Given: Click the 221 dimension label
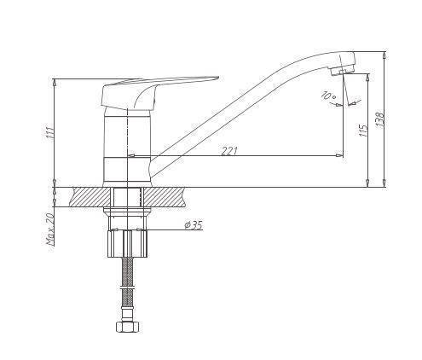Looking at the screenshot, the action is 229,151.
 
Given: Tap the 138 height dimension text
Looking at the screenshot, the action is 380,119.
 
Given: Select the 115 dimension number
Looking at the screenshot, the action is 363,131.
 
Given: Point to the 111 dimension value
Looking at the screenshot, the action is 49,131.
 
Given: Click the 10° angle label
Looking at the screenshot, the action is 329,96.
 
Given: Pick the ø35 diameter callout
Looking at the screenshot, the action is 194,225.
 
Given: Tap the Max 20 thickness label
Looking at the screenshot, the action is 50,229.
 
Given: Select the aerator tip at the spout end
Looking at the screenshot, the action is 342,70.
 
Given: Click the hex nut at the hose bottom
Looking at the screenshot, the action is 128,326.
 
